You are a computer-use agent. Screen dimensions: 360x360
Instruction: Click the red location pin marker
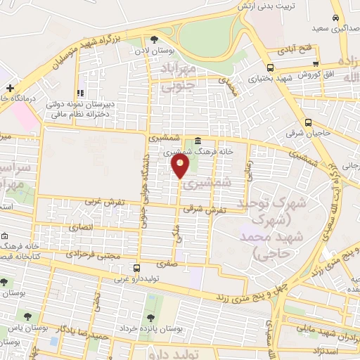coord(180,166)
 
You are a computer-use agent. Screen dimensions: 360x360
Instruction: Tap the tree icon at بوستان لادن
coord(155,39)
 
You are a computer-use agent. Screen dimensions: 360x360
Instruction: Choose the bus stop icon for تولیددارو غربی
coord(136,268)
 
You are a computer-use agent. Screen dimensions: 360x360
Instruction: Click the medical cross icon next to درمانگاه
coord(9,88)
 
